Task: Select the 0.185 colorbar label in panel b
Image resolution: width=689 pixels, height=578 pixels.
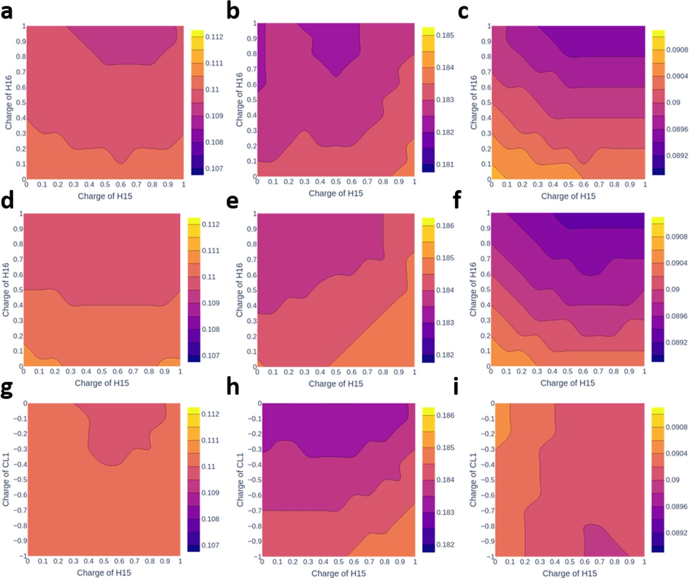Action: [x=445, y=35]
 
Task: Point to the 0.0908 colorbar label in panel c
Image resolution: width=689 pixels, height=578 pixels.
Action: [x=677, y=50]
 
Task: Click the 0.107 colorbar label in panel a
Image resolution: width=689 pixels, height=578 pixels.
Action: [x=214, y=168]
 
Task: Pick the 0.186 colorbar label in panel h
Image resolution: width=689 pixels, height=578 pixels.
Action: [x=445, y=415]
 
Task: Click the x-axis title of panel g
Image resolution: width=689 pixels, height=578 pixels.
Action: [x=104, y=572]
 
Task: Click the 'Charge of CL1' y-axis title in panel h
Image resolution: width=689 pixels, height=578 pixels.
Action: [x=240, y=480]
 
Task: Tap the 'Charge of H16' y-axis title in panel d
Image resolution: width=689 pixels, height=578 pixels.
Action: [x=6, y=290]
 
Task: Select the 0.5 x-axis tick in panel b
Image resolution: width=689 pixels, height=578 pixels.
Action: [x=336, y=182]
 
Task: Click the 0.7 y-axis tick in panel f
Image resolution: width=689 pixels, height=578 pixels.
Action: [x=485, y=259]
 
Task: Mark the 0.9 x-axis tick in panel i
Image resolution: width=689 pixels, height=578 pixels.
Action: [x=629, y=561]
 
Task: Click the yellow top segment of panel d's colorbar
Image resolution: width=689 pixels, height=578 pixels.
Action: [x=194, y=221]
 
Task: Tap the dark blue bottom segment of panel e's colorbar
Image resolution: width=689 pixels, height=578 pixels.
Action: [x=428, y=358]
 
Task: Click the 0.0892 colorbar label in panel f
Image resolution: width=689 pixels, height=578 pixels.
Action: [x=676, y=342]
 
